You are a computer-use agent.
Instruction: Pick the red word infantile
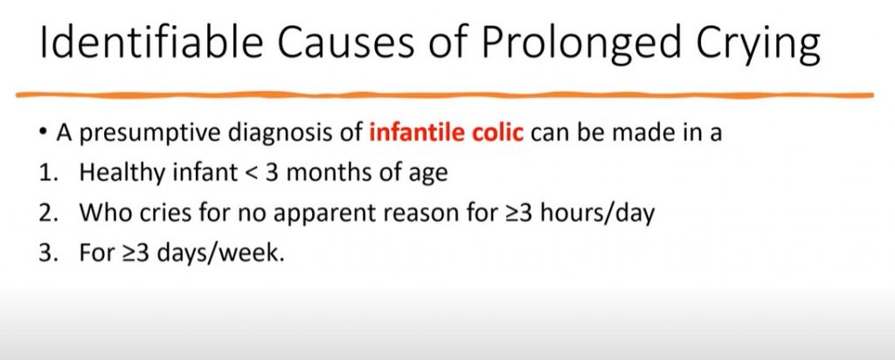tap(407, 135)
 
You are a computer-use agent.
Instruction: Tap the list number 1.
tap(45, 173)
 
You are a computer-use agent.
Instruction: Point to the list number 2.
tap(45, 212)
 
